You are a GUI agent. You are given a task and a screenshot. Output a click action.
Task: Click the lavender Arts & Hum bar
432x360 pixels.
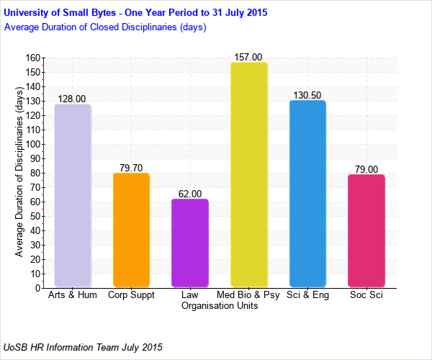click(x=73, y=196)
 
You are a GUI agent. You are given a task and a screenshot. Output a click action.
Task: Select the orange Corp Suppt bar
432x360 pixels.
click(x=131, y=230)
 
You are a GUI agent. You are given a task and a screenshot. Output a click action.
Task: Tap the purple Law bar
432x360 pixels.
click(x=190, y=243)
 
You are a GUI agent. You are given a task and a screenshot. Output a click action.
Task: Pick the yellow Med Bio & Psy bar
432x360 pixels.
click(x=248, y=175)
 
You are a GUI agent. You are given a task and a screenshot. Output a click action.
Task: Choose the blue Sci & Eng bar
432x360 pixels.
click(x=307, y=194)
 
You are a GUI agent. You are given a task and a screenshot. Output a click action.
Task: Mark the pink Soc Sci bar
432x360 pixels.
click(x=366, y=231)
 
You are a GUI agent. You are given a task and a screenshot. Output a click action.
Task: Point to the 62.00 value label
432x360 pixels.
click(x=190, y=194)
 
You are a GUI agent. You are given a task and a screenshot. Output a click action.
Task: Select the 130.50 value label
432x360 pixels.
click(x=307, y=95)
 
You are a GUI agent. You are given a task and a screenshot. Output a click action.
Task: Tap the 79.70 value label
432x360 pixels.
click(x=131, y=168)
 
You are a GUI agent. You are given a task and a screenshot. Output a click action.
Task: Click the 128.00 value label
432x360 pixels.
click(x=73, y=99)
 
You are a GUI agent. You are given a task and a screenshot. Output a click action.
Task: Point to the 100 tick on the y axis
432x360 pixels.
click(x=32, y=144)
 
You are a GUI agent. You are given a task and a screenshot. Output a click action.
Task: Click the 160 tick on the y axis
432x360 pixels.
click(x=32, y=58)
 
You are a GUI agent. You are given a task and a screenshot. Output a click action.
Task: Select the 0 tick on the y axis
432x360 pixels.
click(x=37, y=288)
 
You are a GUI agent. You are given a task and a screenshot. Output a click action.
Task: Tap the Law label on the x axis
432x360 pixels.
click(x=190, y=295)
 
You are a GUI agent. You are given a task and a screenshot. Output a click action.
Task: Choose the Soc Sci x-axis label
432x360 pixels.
click(x=366, y=295)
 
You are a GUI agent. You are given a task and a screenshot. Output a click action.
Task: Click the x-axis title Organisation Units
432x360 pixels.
click(x=220, y=305)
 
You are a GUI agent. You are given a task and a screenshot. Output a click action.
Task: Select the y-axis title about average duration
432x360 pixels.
click(x=19, y=173)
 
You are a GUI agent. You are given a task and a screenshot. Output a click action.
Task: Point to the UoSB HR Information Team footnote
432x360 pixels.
click(x=83, y=347)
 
